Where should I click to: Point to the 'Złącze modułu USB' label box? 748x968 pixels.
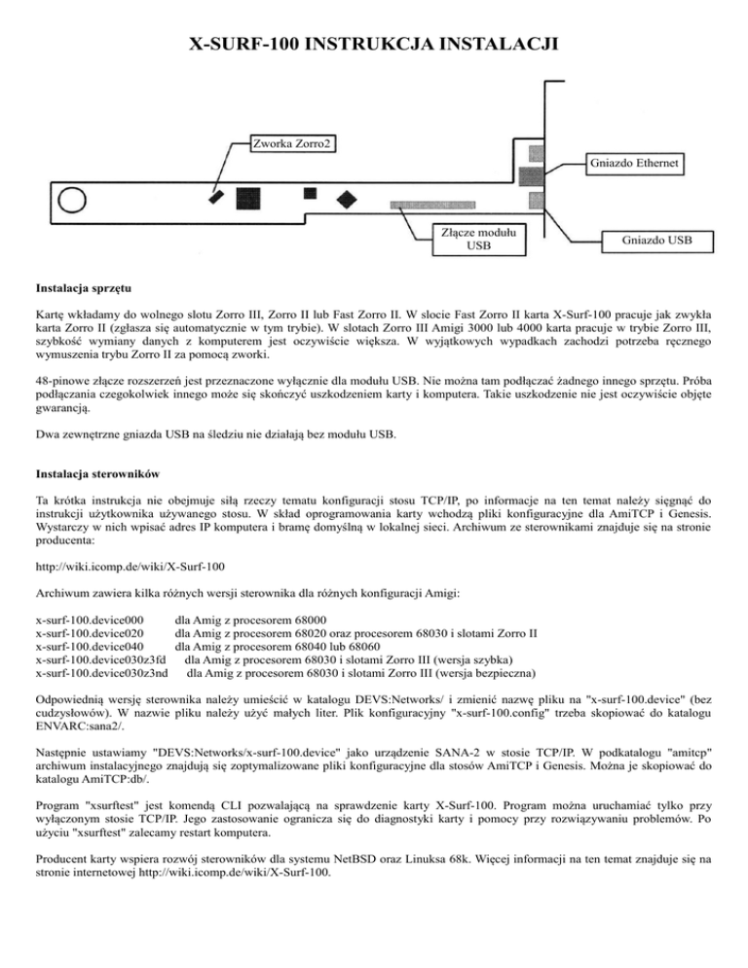(x=479, y=238)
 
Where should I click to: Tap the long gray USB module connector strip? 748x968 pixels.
(x=449, y=205)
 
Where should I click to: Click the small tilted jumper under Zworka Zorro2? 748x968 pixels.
(x=215, y=196)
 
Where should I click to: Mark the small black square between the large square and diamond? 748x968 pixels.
(x=310, y=193)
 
